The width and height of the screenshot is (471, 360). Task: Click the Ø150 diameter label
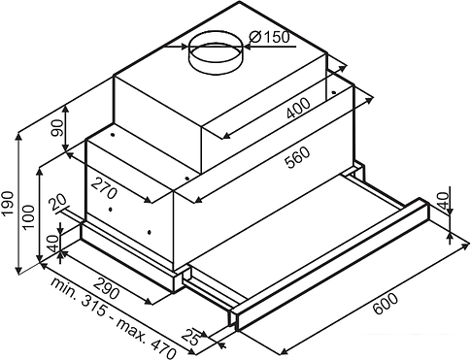point(269,37)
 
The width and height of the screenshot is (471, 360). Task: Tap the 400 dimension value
point(298,109)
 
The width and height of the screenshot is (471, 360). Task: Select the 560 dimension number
point(298,157)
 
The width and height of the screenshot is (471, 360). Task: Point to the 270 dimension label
point(104,188)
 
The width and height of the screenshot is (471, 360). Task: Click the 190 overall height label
point(7,204)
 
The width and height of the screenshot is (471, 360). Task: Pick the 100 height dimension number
point(29,216)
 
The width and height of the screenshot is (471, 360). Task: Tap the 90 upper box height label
point(56,128)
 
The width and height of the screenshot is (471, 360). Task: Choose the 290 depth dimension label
point(107,288)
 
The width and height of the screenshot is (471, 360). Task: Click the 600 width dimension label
point(386,304)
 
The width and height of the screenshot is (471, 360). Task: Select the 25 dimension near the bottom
point(191,337)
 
